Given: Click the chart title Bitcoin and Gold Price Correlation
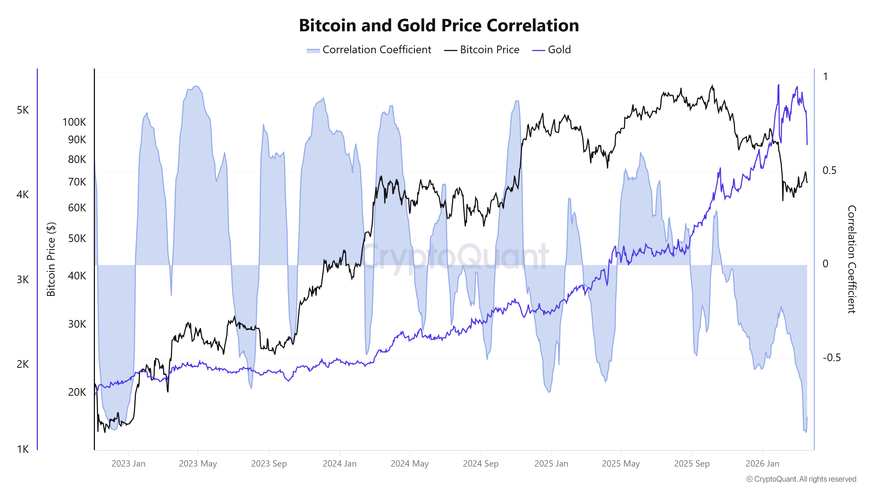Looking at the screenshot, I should [x=439, y=26].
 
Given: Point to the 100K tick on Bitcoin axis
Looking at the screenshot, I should [x=74, y=122].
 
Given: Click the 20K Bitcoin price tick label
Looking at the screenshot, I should [x=77, y=392].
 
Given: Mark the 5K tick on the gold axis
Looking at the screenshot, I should [x=23, y=110].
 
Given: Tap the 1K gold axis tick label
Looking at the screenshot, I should [x=23, y=449].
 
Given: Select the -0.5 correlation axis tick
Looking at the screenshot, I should [x=831, y=358].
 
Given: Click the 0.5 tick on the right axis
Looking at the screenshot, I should [x=829, y=170].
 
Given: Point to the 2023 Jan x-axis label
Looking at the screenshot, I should [x=128, y=464].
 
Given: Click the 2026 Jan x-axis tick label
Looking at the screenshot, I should [x=762, y=464].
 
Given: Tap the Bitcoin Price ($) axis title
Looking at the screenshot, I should [x=51, y=259].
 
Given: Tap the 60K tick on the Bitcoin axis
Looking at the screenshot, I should [x=77, y=208].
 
